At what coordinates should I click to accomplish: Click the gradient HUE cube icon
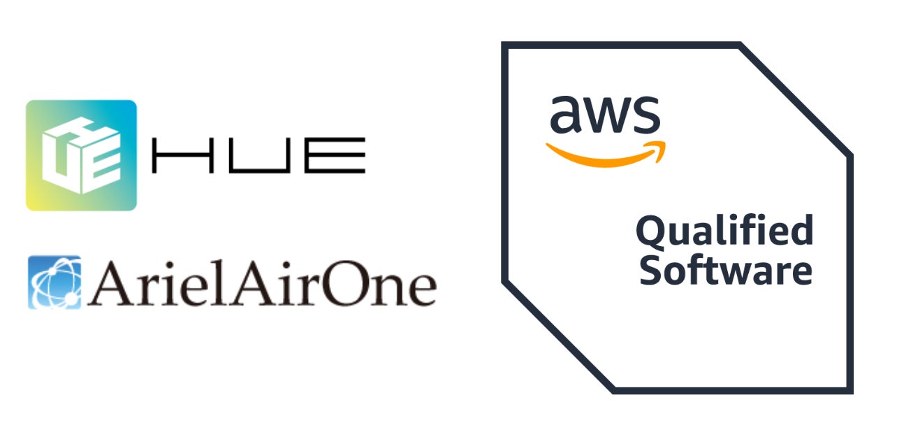point(81,155)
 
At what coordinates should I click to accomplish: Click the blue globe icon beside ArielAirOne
point(54,282)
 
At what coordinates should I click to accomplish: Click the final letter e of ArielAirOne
point(419,288)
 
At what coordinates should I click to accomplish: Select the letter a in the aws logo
point(564,117)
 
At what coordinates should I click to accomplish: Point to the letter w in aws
point(605,117)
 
